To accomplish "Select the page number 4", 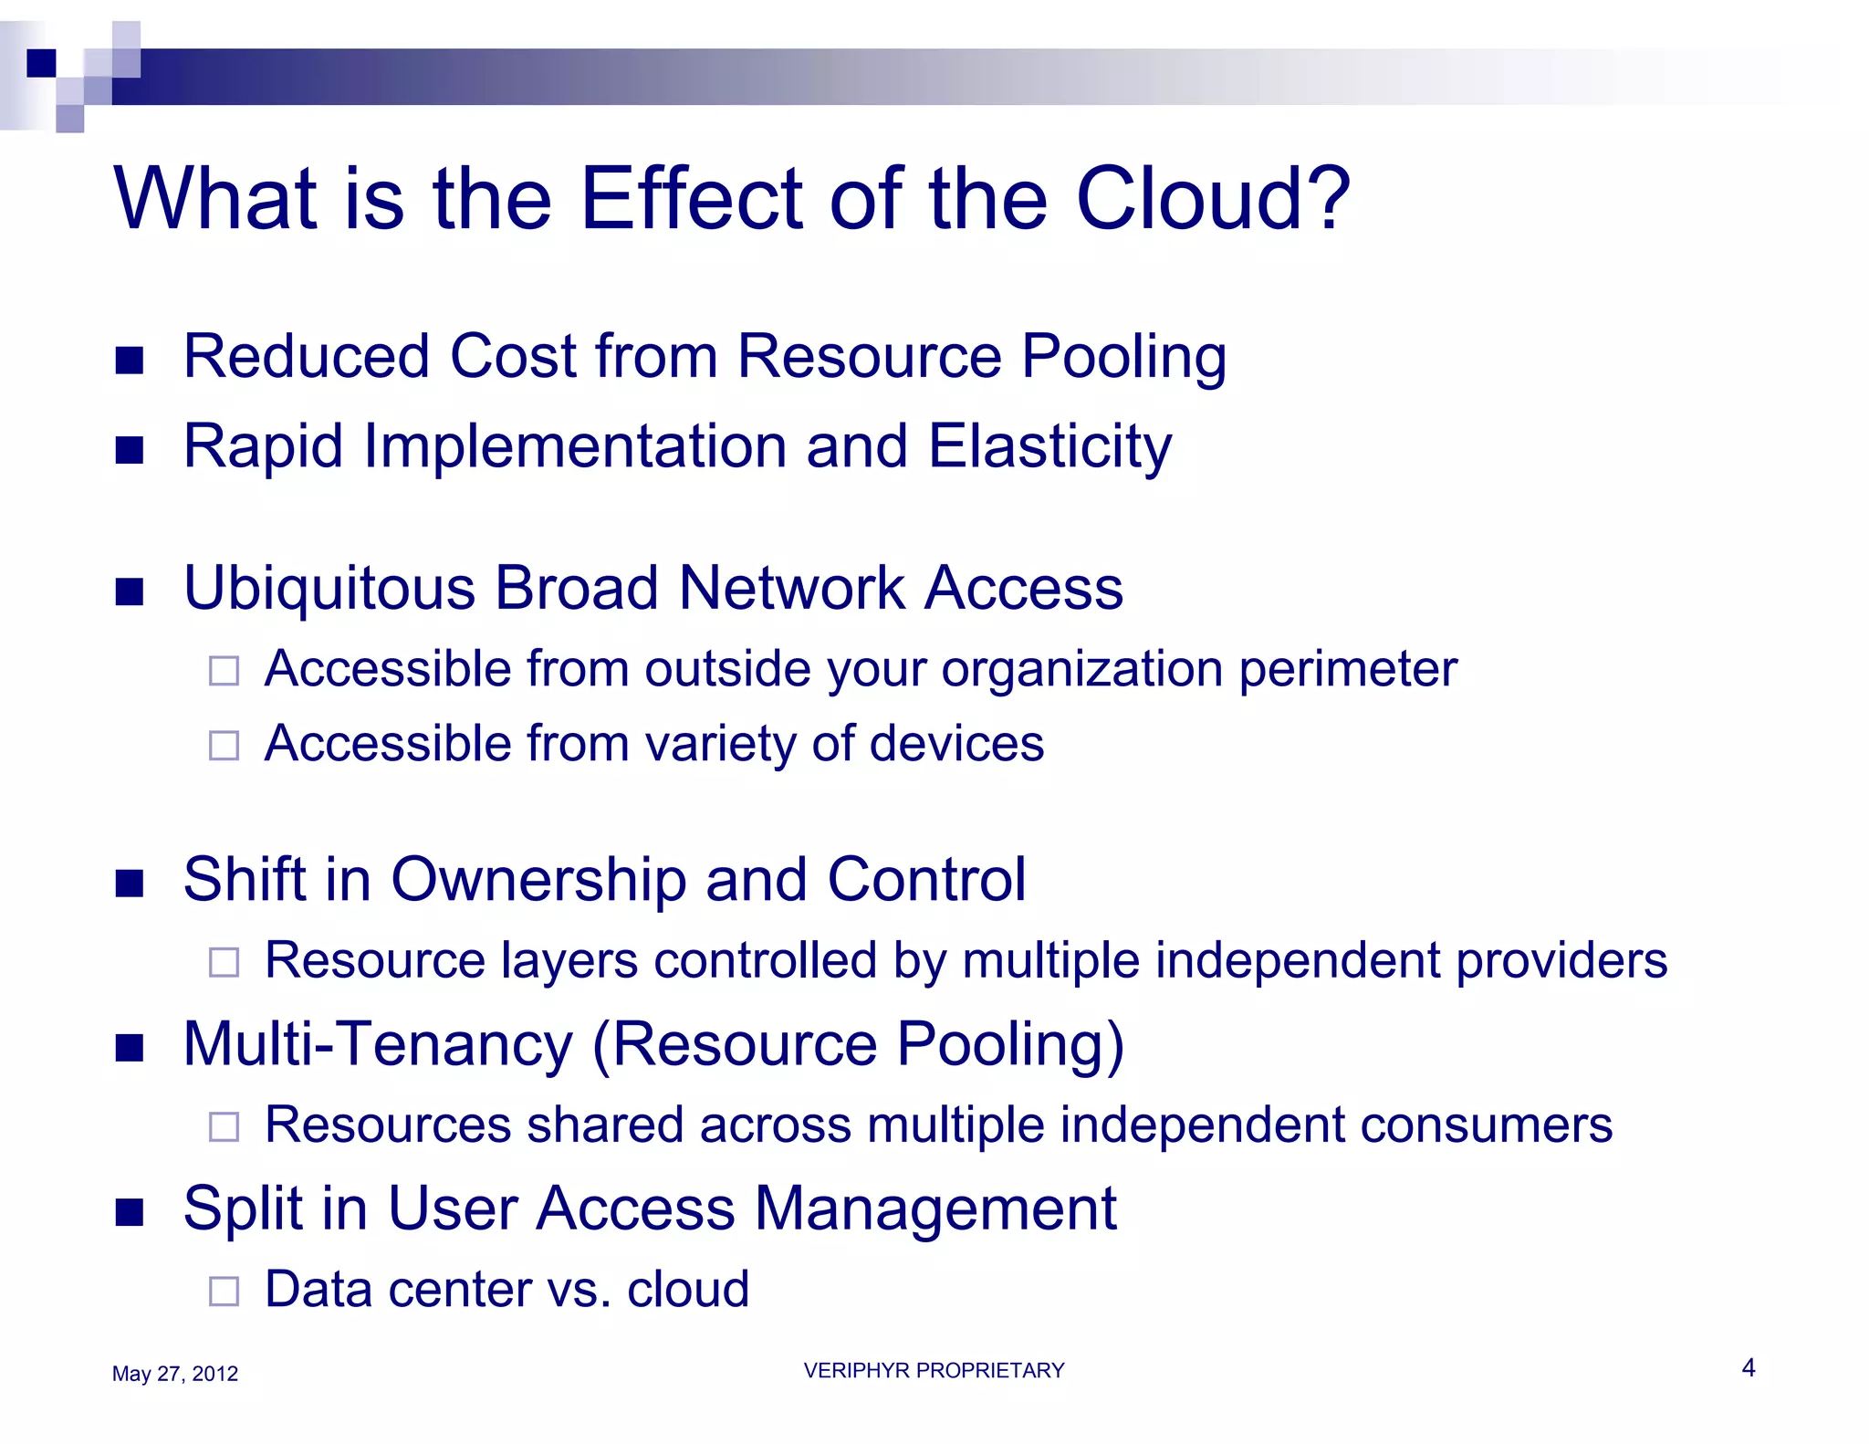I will (x=1748, y=1367).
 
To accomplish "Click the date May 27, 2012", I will (x=174, y=1374).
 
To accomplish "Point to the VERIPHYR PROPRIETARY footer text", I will (x=934, y=1370).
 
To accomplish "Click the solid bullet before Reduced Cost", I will (x=130, y=361).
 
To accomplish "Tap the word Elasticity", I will (x=1049, y=447).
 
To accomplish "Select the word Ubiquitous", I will (x=329, y=589).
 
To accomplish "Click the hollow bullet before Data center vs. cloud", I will (x=224, y=1291).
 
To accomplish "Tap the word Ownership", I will (x=538, y=880).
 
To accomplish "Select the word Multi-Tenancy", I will (x=378, y=1044).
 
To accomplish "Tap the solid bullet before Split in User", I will (x=130, y=1213).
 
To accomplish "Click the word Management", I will (x=934, y=1209).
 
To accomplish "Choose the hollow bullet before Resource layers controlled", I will (x=224, y=962).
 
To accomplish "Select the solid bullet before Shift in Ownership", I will (x=130, y=884).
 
